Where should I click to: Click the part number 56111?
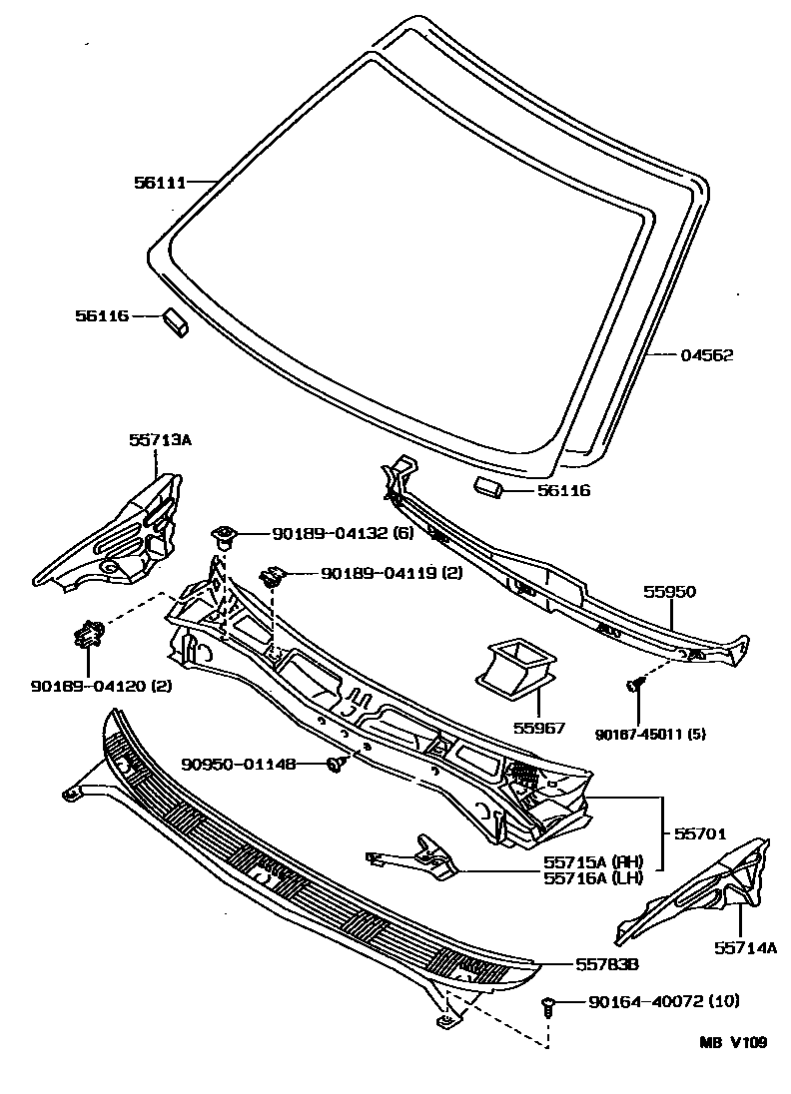tap(160, 182)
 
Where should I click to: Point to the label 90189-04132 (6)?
tap(328, 535)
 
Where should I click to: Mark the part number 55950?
tap(669, 591)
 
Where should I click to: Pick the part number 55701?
tap(698, 830)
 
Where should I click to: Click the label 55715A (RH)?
tap(592, 861)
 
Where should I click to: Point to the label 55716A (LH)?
tap(592, 878)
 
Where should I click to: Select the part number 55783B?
tap(606, 965)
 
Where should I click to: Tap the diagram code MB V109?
tap(733, 1042)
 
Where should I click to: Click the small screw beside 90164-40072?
tap(547, 1002)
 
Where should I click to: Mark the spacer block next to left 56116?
tap(176, 322)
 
